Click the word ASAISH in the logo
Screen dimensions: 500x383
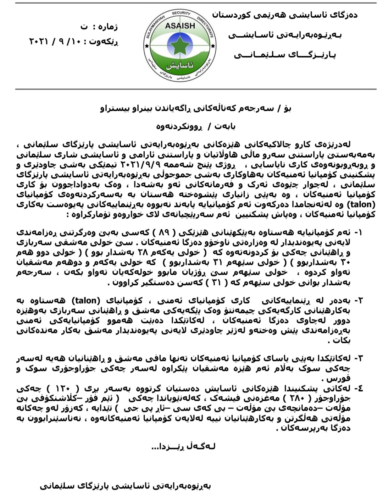point(180,26)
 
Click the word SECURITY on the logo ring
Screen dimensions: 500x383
point(181,13)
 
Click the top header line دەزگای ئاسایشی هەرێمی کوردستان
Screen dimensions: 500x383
point(285,15)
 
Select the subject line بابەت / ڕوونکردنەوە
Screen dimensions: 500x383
point(196,126)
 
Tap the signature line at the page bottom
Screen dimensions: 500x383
point(126,486)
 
